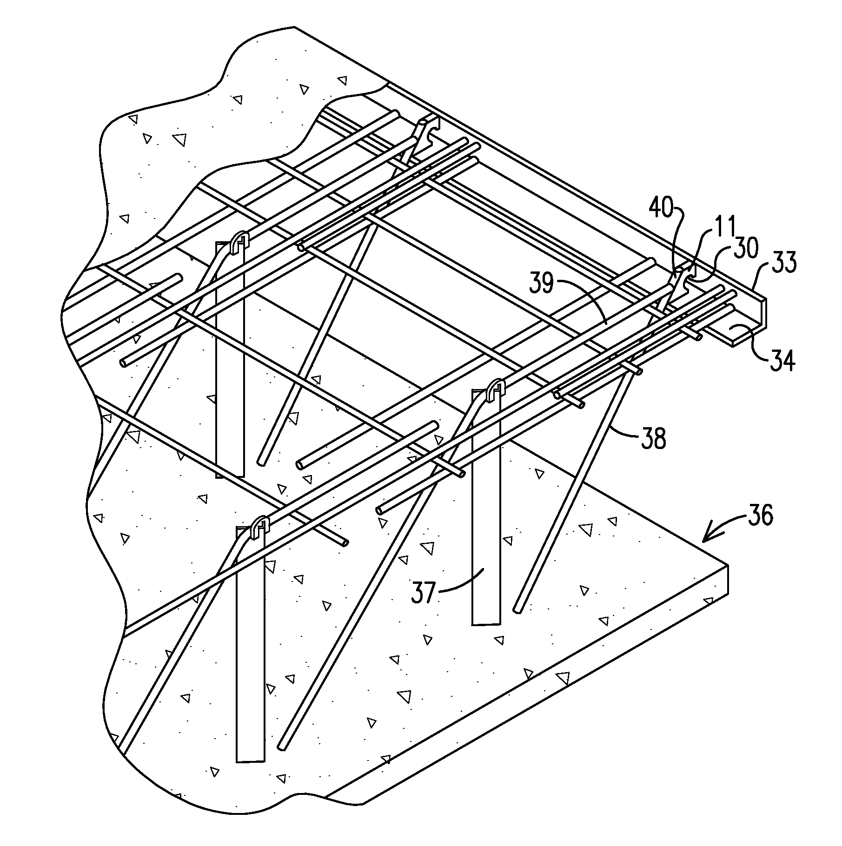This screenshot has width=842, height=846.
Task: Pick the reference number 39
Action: (x=542, y=283)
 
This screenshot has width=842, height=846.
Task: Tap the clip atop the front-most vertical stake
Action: (x=260, y=527)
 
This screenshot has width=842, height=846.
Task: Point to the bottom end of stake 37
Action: (x=486, y=623)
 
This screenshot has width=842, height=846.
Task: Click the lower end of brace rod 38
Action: (x=517, y=609)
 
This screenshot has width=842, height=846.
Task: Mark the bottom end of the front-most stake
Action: (x=250, y=761)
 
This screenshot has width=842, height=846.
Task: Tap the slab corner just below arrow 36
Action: (x=728, y=565)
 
